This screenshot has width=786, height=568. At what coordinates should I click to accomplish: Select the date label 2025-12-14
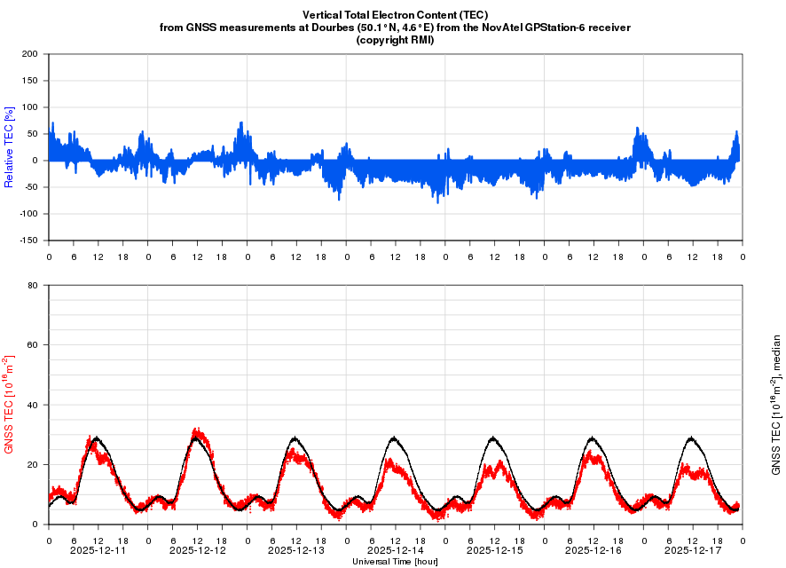click(x=395, y=550)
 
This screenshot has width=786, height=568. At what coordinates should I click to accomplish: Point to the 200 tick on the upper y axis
click(x=30, y=54)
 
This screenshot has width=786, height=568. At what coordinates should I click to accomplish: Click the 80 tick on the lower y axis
click(x=33, y=286)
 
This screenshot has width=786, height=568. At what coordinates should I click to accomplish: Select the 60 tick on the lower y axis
click(x=33, y=345)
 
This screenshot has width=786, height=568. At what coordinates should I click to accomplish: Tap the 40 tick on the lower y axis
click(x=33, y=405)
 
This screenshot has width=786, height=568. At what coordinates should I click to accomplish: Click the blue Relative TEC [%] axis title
click(x=10, y=147)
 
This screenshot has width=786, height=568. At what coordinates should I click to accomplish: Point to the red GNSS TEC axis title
click(x=10, y=405)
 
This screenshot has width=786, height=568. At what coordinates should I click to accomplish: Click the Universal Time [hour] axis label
click(x=395, y=561)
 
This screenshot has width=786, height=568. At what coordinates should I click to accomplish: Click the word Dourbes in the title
click(x=379, y=28)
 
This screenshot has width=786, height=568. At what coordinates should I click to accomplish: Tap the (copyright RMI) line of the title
click(x=395, y=40)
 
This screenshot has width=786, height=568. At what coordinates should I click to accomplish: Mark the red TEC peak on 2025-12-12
click(x=197, y=431)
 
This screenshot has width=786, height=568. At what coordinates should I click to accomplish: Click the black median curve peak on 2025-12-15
click(x=494, y=438)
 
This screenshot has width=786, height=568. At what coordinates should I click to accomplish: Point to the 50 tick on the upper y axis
click(x=33, y=134)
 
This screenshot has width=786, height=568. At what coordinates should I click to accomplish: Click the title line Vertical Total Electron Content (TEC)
click(x=395, y=15)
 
